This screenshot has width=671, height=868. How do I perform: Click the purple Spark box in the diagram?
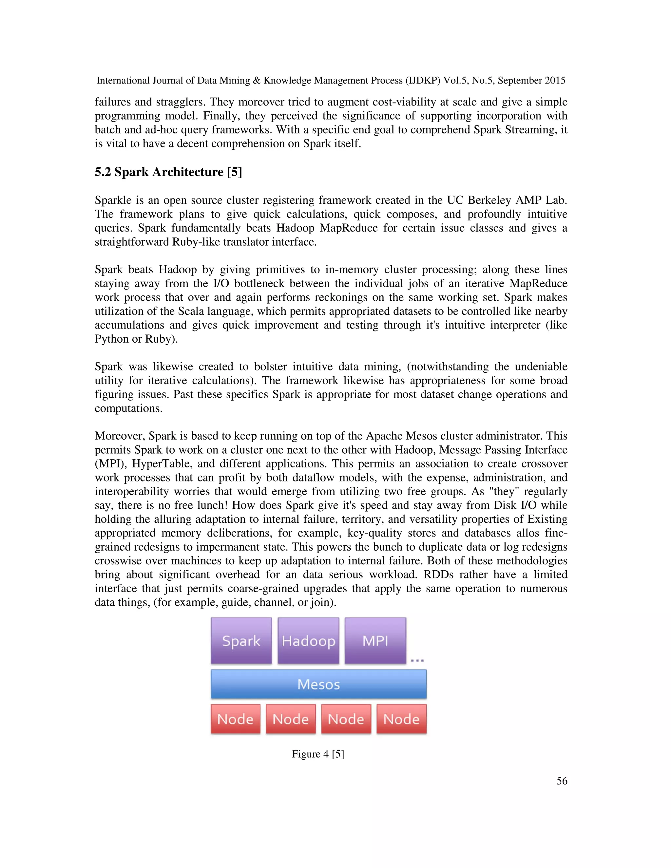click(241, 641)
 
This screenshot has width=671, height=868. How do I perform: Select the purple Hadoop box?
click(308, 641)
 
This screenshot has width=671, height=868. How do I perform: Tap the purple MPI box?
click(375, 641)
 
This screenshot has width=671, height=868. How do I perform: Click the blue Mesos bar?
click(318, 684)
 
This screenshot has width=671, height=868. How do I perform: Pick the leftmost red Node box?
click(235, 719)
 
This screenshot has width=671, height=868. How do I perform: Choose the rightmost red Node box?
click(401, 719)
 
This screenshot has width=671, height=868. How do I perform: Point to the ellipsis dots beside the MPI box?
click(417, 661)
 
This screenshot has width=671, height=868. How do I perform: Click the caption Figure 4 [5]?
click(318, 754)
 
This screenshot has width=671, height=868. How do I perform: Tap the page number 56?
click(562, 781)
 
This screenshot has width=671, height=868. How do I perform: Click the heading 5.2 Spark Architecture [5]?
click(168, 172)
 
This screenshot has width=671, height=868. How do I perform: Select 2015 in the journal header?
click(555, 81)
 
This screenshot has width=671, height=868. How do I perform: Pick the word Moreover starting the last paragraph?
click(120, 436)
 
